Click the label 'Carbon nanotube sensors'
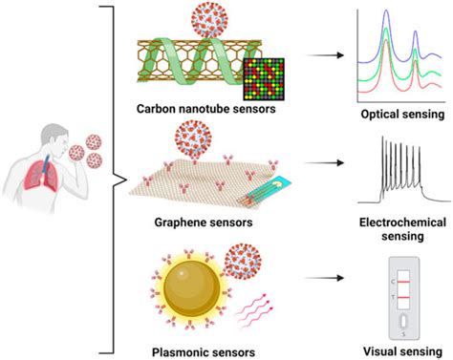click(203, 107)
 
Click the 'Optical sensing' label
click(396, 112)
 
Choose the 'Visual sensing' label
click(396, 349)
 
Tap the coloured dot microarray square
click(264, 76)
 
